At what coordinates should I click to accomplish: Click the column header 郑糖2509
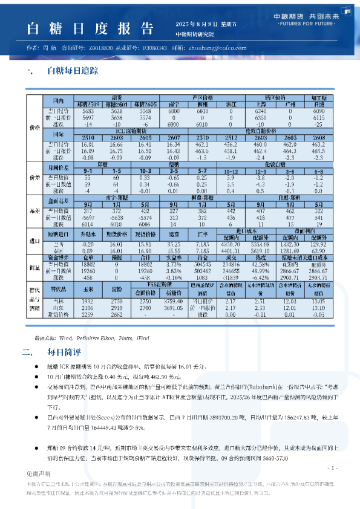pos(88,104)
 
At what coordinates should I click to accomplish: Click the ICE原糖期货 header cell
pos(130,131)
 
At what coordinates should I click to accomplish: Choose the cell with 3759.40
pos(173,300)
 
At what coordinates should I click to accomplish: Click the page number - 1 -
pos(332,468)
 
